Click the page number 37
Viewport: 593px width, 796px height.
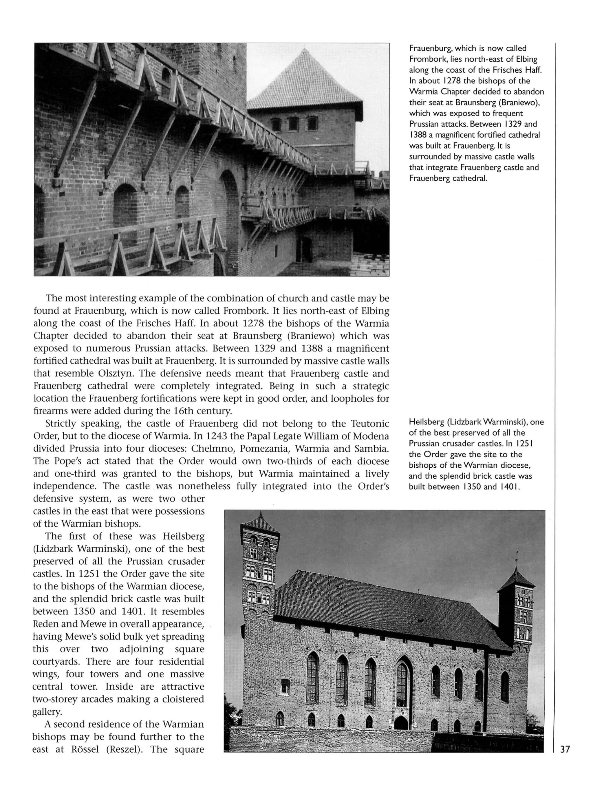coord(565,749)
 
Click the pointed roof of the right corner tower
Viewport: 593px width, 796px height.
coord(516,579)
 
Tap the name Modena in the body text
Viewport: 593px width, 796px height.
coord(371,436)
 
